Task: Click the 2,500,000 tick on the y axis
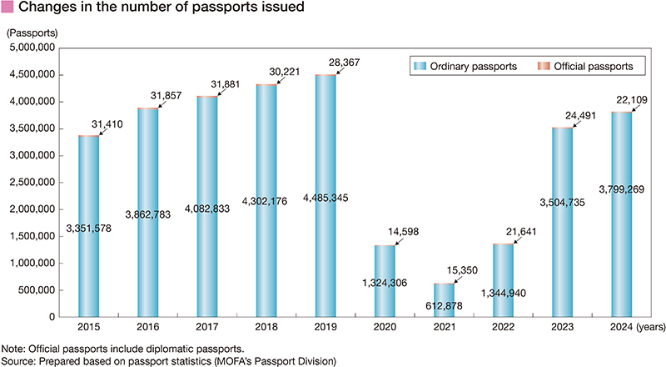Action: coord(29,183)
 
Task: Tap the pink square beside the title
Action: coord(7,8)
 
